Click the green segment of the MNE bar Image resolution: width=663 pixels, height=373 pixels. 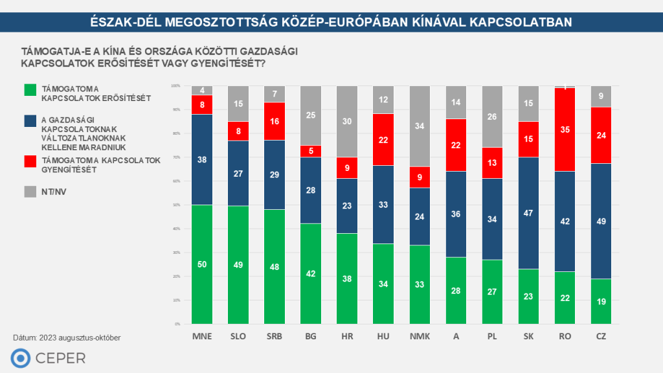202,264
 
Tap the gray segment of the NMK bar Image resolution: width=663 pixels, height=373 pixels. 420,126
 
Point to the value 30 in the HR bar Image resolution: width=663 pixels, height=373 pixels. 347,122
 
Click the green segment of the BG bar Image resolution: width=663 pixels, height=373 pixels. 311,273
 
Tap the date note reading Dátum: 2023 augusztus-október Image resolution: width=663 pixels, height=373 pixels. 67,337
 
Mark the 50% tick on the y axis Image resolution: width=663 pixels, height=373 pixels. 175,205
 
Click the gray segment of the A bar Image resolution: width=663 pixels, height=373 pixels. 456,102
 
